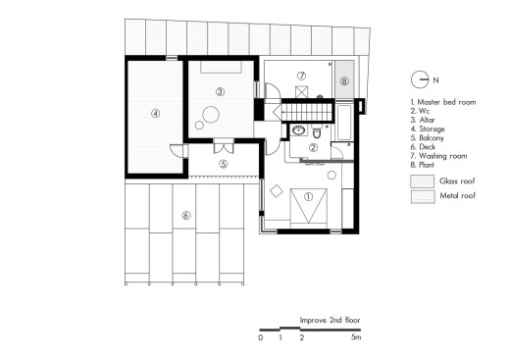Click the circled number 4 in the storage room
click(x=156, y=114)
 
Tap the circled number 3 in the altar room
click(x=221, y=92)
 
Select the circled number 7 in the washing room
click(x=301, y=76)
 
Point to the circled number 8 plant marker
click(x=344, y=80)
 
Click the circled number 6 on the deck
click(x=185, y=216)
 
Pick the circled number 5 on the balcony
click(x=224, y=164)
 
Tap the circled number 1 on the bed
click(x=308, y=196)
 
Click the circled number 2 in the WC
click(x=313, y=148)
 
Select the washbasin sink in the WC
click(x=298, y=130)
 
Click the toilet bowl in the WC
click(x=317, y=132)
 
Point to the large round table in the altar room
click(x=211, y=115)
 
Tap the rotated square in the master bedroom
click(x=277, y=191)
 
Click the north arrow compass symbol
click(x=420, y=79)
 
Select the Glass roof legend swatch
click(x=423, y=181)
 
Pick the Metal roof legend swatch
click(x=423, y=197)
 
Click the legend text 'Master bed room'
click(x=446, y=102)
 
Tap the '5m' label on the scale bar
click(x=356, y=336)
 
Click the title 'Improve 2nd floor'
click(x=330, y=320)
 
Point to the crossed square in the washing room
click(x=301, y=91)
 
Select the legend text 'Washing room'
click(x=443, y=156)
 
